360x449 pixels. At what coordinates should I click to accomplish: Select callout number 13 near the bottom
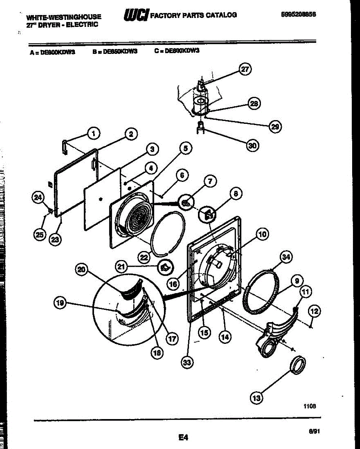(256, 398)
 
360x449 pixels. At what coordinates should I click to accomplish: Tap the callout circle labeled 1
(94, 132)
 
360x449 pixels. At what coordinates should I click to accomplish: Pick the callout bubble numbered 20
(81, 269)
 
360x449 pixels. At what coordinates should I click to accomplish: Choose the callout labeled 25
(40, 235)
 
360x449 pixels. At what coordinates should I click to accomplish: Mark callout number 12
(314, 310)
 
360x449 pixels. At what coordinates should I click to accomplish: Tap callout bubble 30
(253, 146)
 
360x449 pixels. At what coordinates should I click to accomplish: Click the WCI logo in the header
(135, 15)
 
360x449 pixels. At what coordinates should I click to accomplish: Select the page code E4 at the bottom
(183, 437)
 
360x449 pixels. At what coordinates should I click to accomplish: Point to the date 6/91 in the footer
(314, 431)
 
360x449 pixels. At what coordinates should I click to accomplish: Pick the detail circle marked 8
(208, 214)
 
